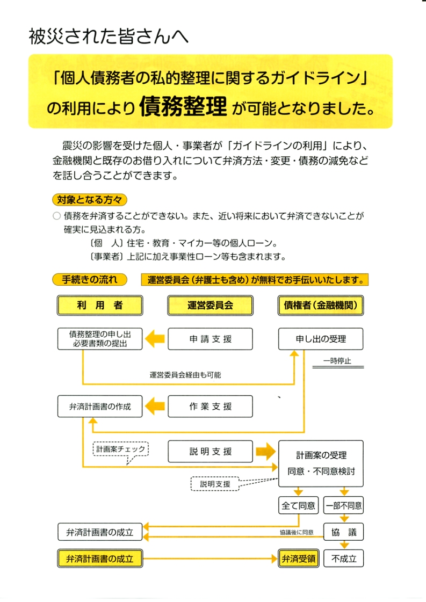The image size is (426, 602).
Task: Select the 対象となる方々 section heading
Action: pyautogui.click(x=89, y=200)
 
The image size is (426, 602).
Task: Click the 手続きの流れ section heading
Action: pyautogui.click(x=89, y=280)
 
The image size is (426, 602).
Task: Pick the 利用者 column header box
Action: pyautogui.click(x=100, y=306)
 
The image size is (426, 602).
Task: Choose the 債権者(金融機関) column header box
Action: pyautogui.click(x=321, y=306)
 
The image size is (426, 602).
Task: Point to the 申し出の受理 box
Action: pyautogui.click(x=321, y=339)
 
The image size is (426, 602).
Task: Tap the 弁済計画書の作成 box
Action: pyautogui.click(x=100, y=407)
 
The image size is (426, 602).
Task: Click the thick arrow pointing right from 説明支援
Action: pyautogui.click(x=264, y=451)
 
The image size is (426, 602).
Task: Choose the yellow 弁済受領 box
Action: pyautogui.click(x=299, y=559)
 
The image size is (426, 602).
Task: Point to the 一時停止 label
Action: pyautogui.click(x=337, y=361)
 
